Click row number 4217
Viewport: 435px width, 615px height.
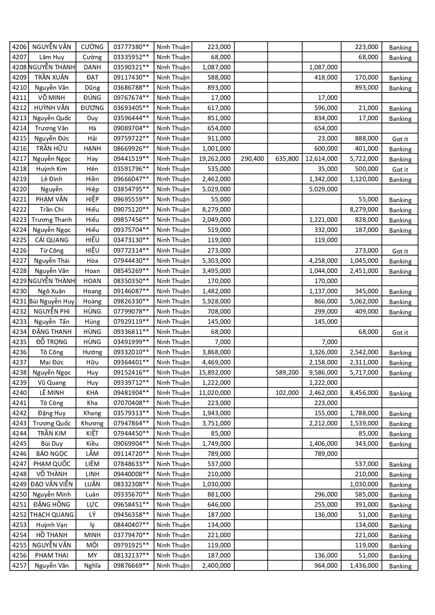[19, 159]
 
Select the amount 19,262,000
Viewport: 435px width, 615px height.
[215, 159]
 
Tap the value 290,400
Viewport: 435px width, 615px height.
[252, 159]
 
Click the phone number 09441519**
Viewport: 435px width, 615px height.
[131, 159]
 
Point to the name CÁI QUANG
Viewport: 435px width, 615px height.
[52, 240]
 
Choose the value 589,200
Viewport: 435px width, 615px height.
[287, 373]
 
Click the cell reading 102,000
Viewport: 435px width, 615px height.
[287, 393]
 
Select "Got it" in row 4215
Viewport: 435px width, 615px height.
[400, 139]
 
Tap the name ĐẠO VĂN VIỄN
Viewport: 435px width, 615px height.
[52, 484]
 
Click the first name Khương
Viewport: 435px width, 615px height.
[92, 423]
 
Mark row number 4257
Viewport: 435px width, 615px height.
[19, 566]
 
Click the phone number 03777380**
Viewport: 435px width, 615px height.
[131, 47]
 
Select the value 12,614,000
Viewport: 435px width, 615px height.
[321, 159]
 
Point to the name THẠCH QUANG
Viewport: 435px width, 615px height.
[52, 515]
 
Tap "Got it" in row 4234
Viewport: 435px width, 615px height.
[400, 332]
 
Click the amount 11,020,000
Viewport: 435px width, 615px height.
[215, 393]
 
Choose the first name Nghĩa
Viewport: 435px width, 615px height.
[92, 566]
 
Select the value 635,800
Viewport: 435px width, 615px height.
[287, 159]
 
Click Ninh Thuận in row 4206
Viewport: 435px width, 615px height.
[173, 47]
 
